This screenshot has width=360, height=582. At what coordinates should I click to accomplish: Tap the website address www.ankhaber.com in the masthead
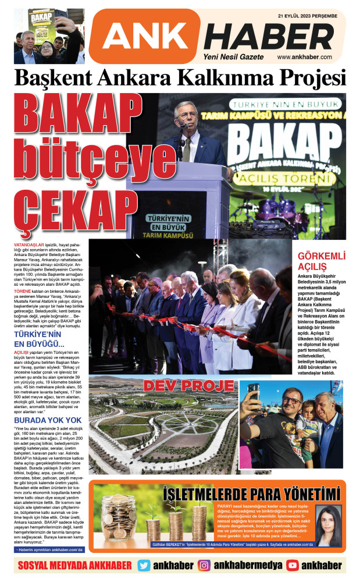click(x=304, y=57)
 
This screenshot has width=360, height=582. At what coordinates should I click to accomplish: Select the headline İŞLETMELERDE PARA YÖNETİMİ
click(x=251, y=494)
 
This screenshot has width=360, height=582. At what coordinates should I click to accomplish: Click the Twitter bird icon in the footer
click(x=144, y=565)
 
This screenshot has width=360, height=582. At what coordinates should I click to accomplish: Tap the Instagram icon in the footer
click(x=204, y=565)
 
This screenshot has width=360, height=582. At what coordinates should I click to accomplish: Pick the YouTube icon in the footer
click(x=293, y=565)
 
